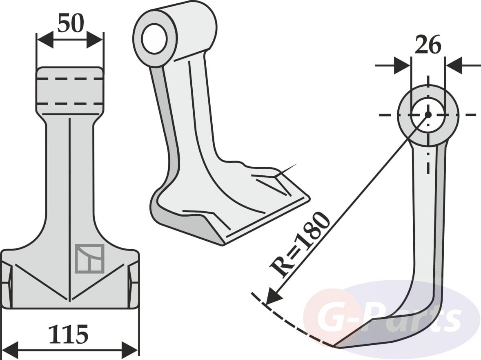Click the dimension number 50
coord(70,23)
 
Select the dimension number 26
coord(428,45)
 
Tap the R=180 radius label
coord(300,244)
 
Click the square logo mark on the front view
coord(89,258)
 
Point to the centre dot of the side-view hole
coord(428,114)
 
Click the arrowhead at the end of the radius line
coord(274,296)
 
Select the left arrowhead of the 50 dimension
coord(45,40)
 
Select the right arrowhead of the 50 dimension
coord(95,40)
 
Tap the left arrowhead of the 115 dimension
coord(10,349)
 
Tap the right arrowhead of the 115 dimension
coord(130,349)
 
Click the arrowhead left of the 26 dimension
coord(402,65)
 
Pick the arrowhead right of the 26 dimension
coord(453,65)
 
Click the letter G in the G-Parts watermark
coord(330,316)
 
